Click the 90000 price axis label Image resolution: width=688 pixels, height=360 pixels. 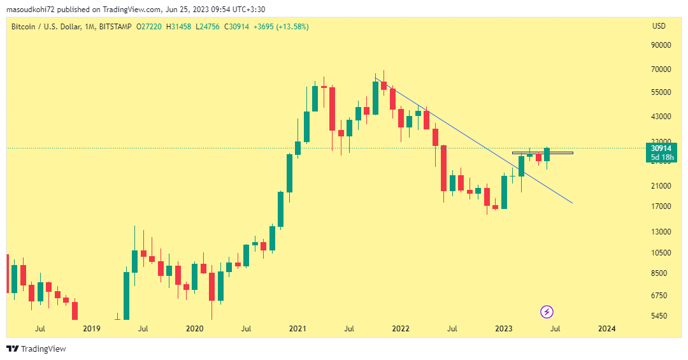(x=662, y=45)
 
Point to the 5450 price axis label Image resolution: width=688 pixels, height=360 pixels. (x=659, y=316)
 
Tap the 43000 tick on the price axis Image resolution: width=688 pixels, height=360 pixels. (x=662, y=117)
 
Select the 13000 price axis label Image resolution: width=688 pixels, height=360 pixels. (x=662, y=232)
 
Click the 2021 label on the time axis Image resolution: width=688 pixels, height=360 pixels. (x=297, y=329)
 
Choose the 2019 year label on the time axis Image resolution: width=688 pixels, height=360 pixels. (x=92, y=329)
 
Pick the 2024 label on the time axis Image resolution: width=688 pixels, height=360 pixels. (x=607, y=329)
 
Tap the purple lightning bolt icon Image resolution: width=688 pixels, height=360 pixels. (x=547, y=312)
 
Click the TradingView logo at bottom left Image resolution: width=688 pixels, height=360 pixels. (x=36, y=349)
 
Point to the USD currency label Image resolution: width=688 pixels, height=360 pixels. (x=659, y=26)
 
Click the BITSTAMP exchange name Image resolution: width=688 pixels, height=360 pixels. (x=116, y=26)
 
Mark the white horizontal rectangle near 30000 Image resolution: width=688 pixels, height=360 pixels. (x=542, y=153)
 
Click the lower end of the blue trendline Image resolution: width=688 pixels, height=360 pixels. (x=573, y=203)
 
